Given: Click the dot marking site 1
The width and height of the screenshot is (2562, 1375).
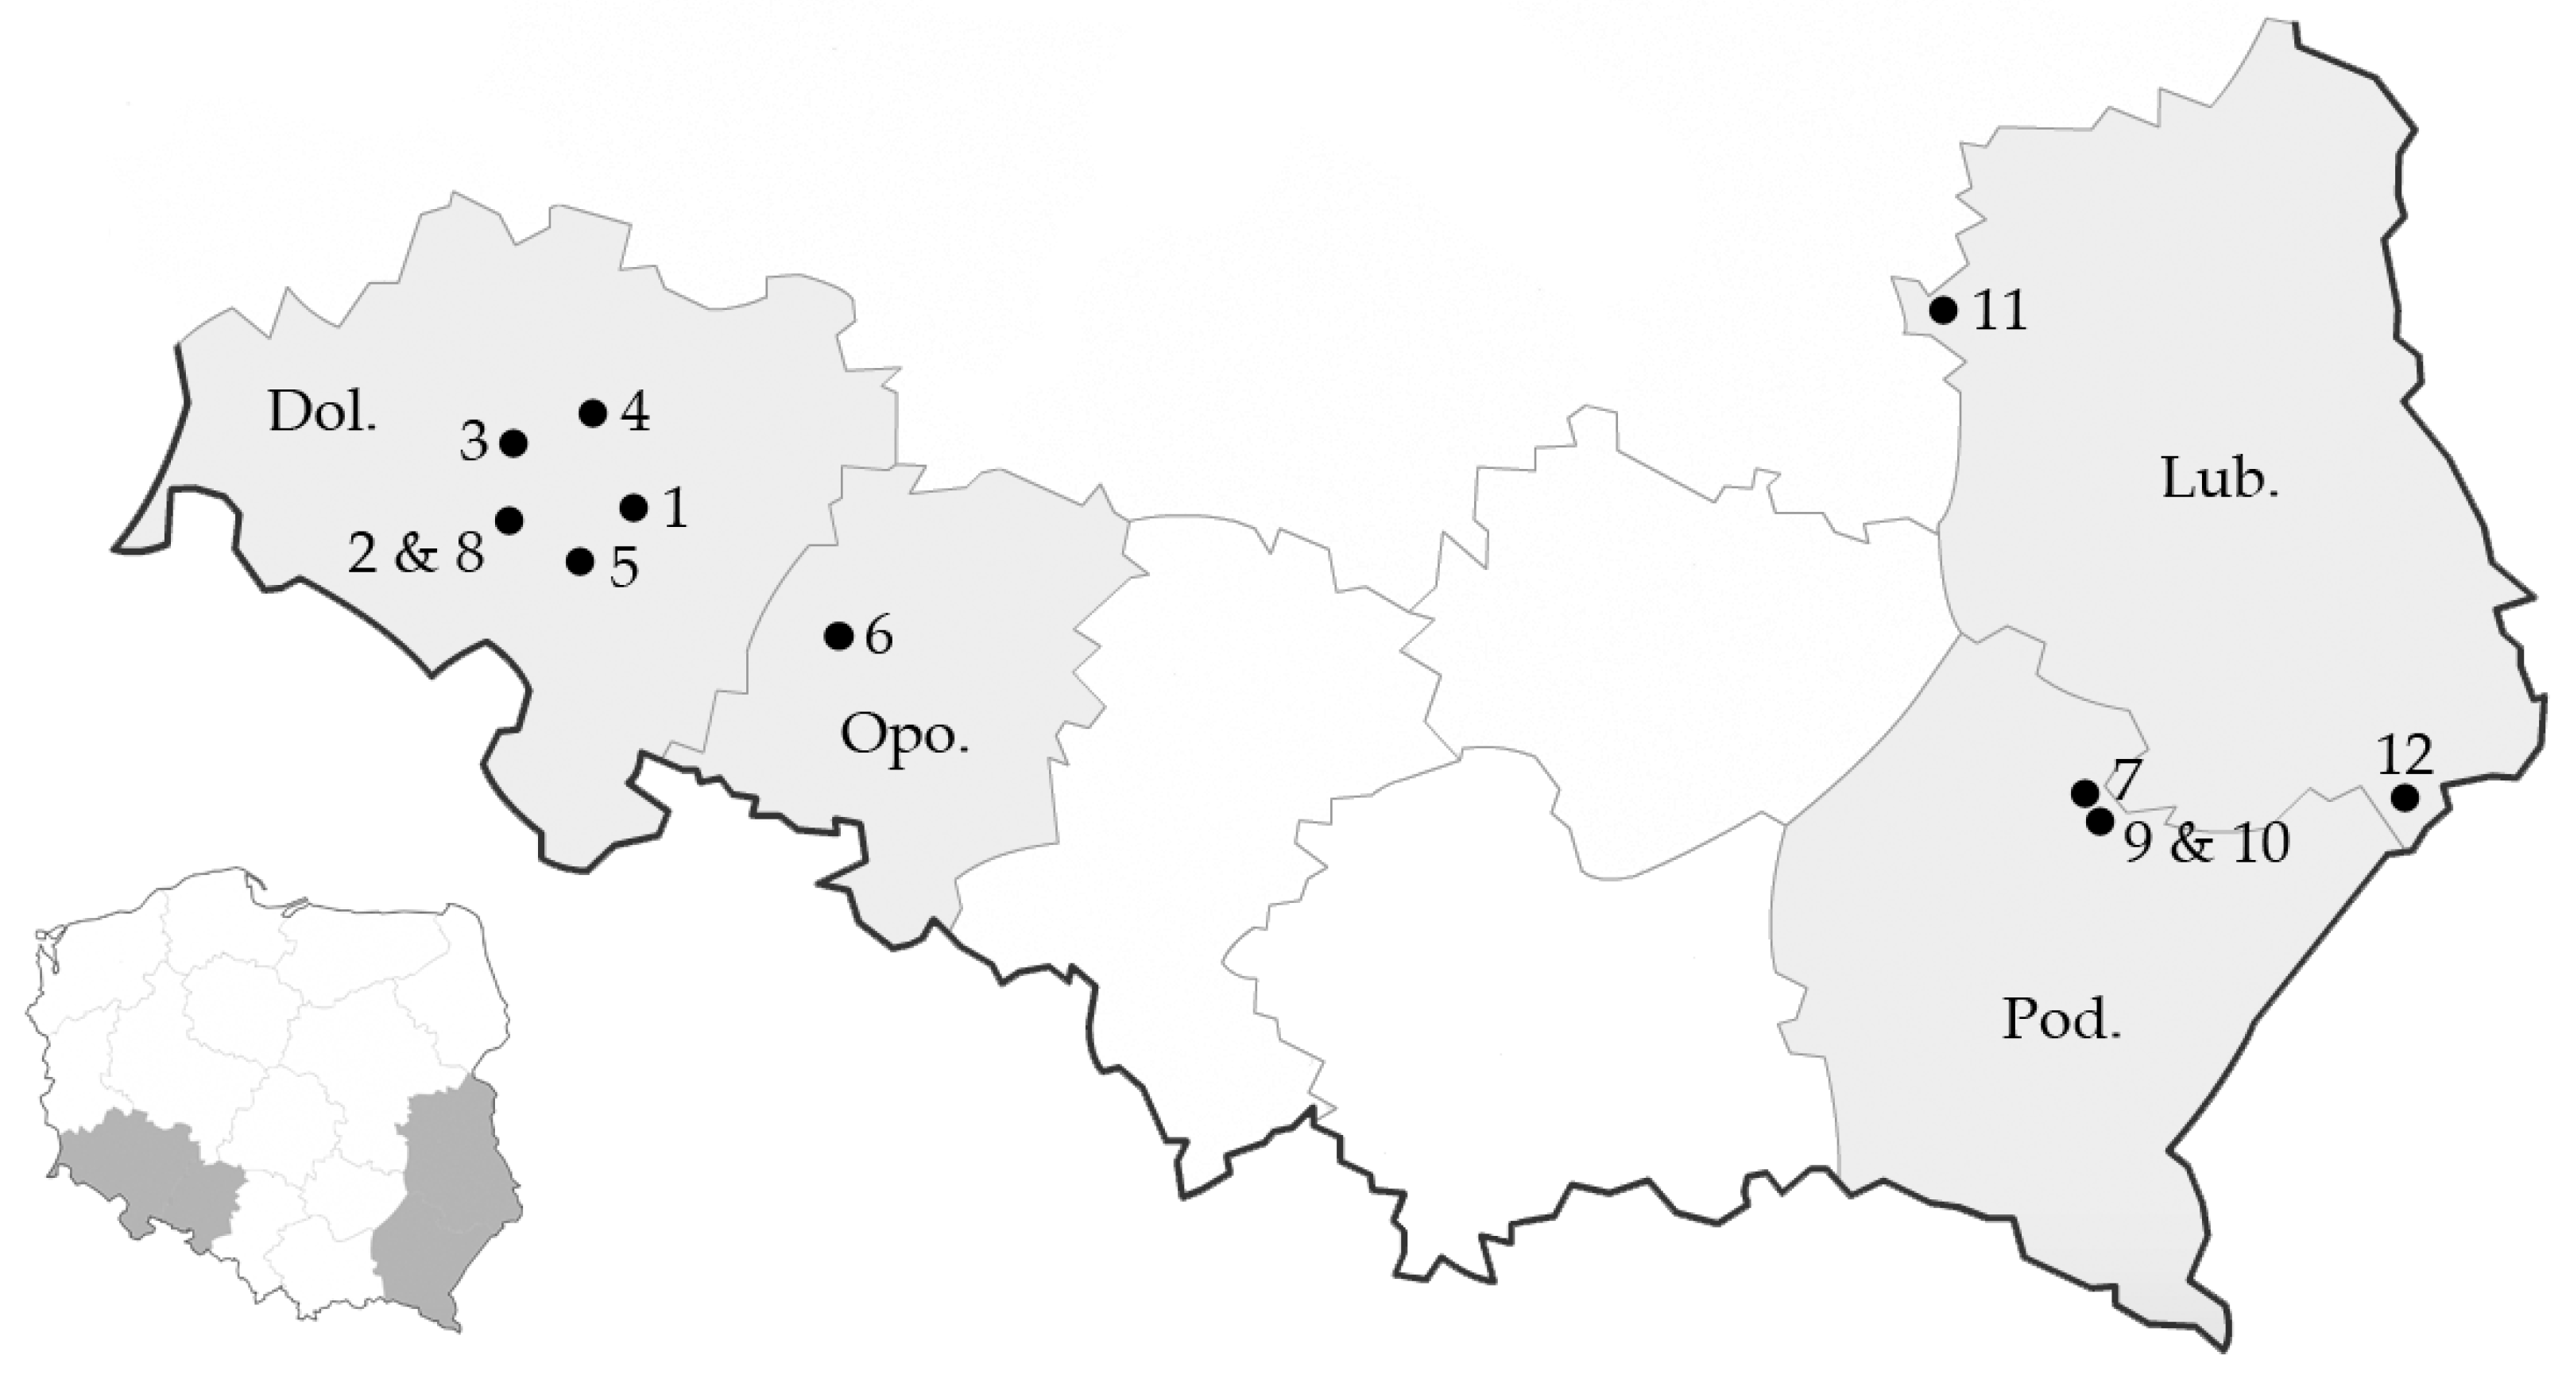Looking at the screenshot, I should [x=633, y=507].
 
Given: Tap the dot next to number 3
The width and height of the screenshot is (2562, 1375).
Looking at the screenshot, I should [x=513, y=443].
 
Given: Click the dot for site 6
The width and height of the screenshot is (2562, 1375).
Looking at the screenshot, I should [x=839, y=635].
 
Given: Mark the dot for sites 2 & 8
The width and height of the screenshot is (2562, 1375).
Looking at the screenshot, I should [x=509, y=519].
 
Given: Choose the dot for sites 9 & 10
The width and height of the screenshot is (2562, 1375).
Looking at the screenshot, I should [x=2100, y=821].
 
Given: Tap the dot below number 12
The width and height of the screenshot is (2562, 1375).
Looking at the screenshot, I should [x=2405, y=797].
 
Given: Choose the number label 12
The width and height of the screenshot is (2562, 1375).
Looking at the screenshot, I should [x=2405, y=755].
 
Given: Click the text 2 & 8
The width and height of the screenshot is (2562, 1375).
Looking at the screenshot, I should [x=416, y=553].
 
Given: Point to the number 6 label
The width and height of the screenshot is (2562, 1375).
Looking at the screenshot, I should [x=878, y=637].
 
